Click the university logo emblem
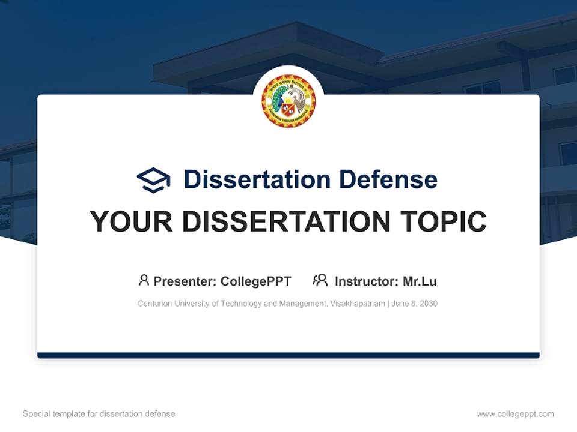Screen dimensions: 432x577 tap(288, 101)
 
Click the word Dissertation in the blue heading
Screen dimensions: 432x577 tap(257, 179)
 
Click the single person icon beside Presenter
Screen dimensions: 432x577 tap(144, 280)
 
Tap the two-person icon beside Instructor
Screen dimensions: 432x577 tap(320, 280)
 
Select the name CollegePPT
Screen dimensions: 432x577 tap(256, 281)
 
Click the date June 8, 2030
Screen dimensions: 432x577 tap(415, 304)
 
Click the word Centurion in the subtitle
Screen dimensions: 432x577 tap(154, 304)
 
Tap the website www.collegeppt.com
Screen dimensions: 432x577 tap(515, 414)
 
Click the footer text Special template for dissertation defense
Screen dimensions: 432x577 tap(99, 414)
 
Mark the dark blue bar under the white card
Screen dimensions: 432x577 tap(288, 355)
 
